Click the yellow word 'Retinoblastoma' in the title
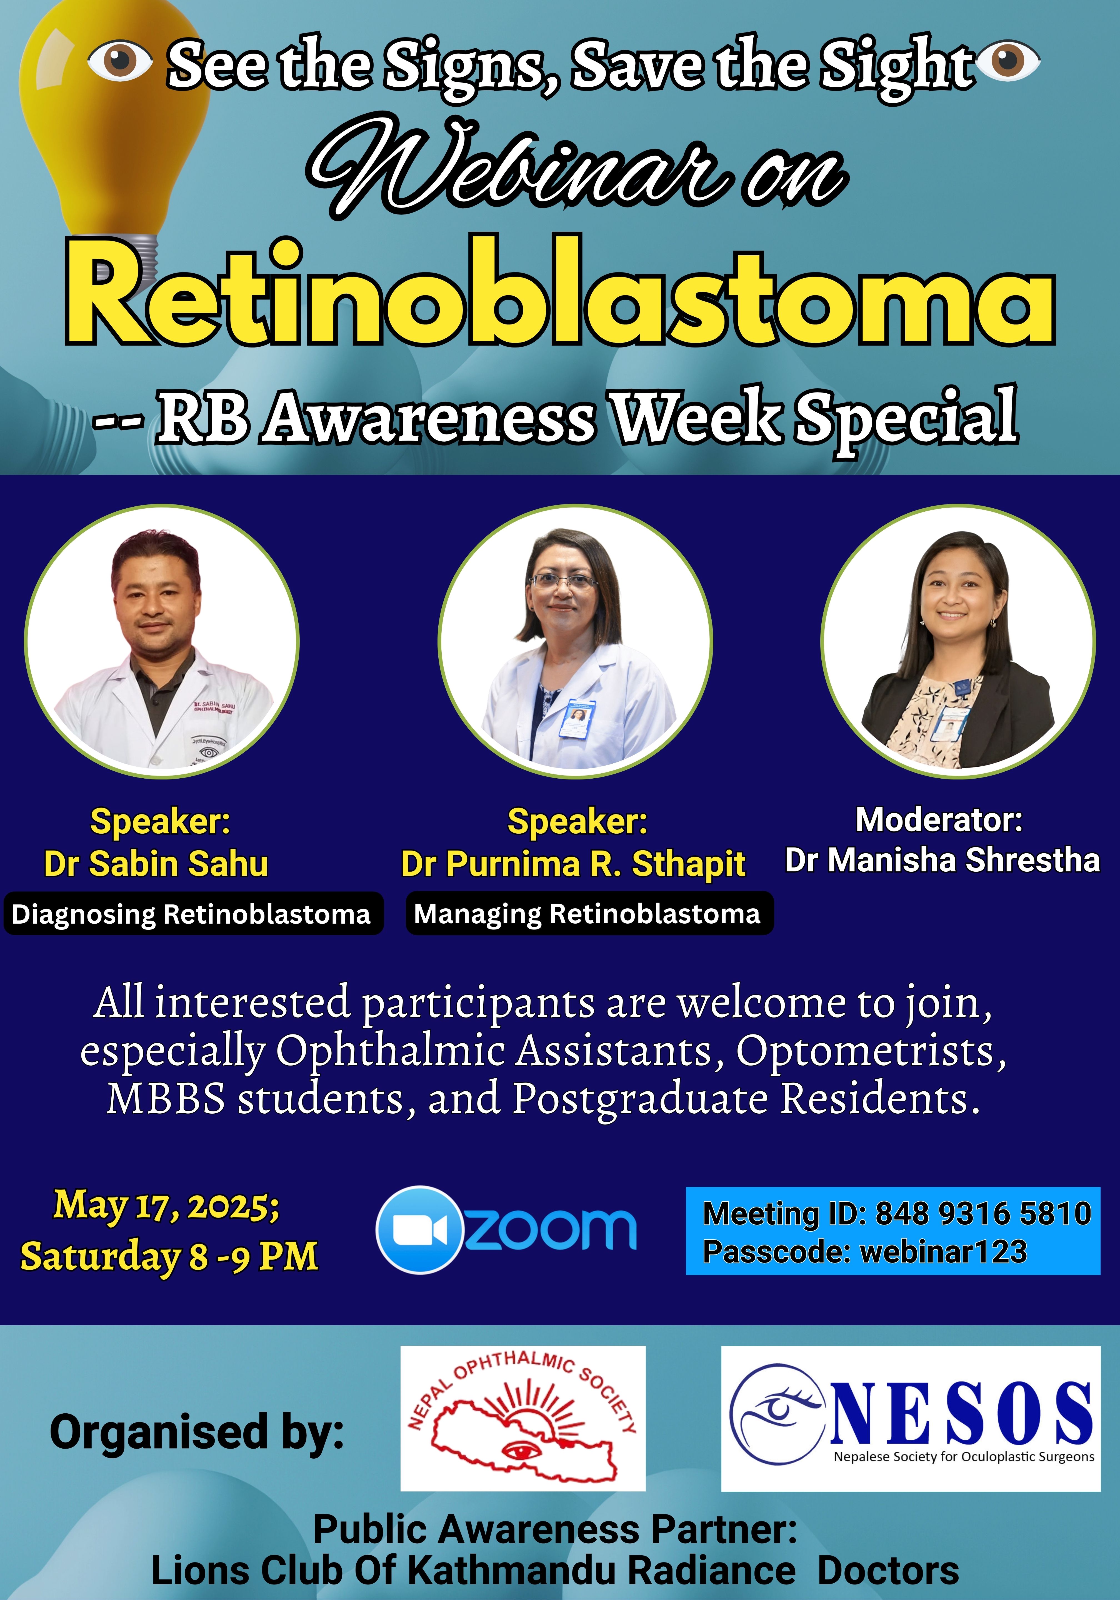click(x=560, y=293)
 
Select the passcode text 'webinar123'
click(x=944, y=1252)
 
